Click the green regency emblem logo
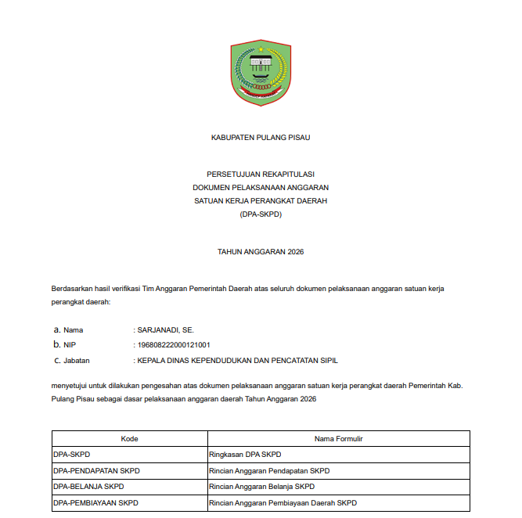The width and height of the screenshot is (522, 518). pyautogui.click(x=261, y=72)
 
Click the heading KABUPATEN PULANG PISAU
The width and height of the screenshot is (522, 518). pyautogui.click(x=261, y=137)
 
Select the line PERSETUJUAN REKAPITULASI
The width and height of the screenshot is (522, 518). pyautogui.click(x=261, y=174)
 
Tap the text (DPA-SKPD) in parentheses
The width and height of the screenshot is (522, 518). pyautogui.click(x=261, y=214)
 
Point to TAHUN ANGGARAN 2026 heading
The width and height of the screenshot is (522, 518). pyautogui.click(x=261, y=252)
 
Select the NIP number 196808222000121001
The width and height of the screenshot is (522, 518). pyautogui.click(x=174, y=345)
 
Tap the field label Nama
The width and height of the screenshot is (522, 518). pyautogui.click(x=73, y=330)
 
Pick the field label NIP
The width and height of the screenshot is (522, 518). pyautogui.click(x=70, y=345)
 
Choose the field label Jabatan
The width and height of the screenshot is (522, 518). pyautogui.click(x=77, y=361)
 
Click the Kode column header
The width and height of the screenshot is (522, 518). pyautogui.click(x=129, y=439)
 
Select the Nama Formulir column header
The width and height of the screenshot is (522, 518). pyautogui.click(x=338, y=439)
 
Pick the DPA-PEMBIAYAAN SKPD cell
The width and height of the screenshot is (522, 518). pyautogui.click(x=95, y=502)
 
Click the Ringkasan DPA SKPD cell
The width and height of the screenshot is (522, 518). pyautogui.click(x=245, y=455)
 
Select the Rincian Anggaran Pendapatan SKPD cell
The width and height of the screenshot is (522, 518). pyautogui.click(x=270, y=471)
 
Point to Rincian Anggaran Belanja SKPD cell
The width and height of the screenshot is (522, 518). pyautogui.click(x=263, y=487)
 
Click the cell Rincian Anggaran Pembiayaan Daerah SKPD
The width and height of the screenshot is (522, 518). pyautogui.click(x=283, y=502)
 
